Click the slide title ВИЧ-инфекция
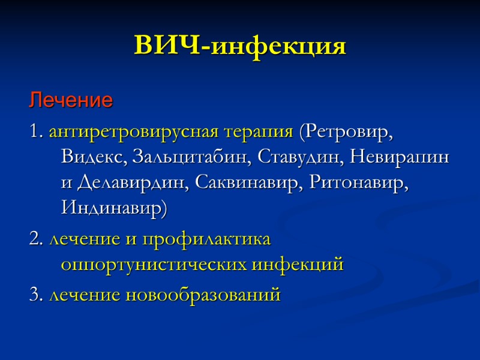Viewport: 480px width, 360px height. (x=240, y=46)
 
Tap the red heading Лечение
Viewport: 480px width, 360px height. (x=71, y=100)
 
